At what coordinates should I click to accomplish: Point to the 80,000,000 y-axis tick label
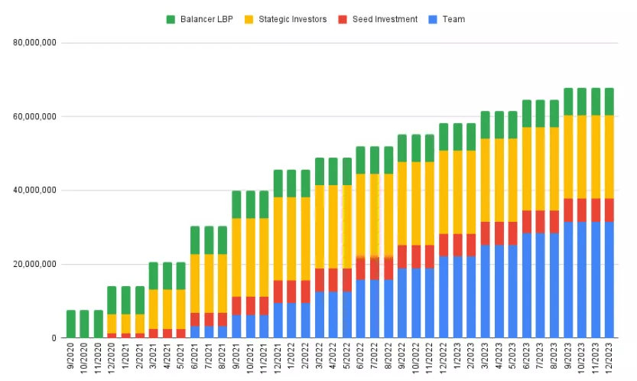(35, 43)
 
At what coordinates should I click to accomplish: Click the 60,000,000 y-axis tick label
(35, 117)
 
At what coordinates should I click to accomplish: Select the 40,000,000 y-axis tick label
(35, 190)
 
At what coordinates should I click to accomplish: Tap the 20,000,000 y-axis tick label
(35, 265)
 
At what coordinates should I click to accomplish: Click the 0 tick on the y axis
(53, 338)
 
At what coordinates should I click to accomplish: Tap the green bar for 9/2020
(71, 324)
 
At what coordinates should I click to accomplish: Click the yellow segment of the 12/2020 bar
(112, 324)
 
